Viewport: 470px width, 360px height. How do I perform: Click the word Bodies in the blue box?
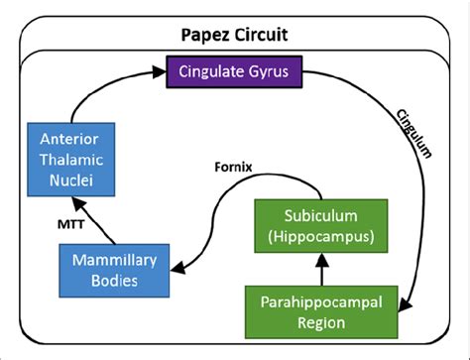click(x=103, y=282)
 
